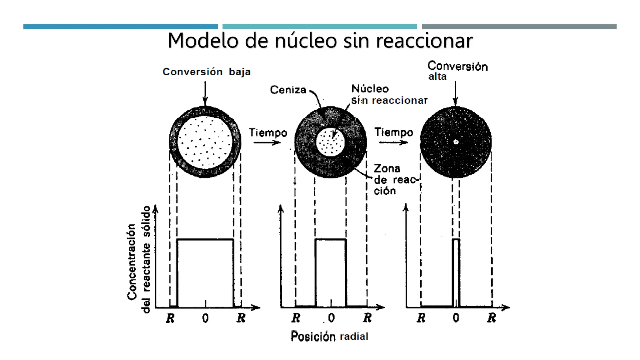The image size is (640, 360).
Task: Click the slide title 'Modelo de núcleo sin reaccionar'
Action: point(320,41)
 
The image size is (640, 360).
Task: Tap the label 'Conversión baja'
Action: point(207,72)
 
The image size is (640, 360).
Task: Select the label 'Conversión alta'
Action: point(457,71)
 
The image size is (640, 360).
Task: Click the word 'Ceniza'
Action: point(288,90)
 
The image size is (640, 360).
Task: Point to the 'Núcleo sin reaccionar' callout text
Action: point(389,94)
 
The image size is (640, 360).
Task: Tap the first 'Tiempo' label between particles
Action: point(268,132)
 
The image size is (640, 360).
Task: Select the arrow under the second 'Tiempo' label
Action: point(393,142)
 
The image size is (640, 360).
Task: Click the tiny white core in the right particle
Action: point(456,142)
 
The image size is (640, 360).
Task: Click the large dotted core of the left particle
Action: point(205,142)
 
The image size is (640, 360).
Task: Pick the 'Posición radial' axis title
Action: point(329,336)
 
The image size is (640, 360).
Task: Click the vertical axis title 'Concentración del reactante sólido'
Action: point(138,259)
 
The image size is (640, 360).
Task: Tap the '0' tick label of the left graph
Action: point(205,318)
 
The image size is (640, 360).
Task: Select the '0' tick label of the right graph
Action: point(456,318)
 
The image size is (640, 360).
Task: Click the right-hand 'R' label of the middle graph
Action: point(367,318)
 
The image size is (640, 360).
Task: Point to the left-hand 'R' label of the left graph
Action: point(170,318)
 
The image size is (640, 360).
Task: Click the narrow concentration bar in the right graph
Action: point(456,273)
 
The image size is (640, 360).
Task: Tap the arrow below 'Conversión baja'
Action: point(205,94)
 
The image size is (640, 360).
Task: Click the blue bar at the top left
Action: point(121,27)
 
